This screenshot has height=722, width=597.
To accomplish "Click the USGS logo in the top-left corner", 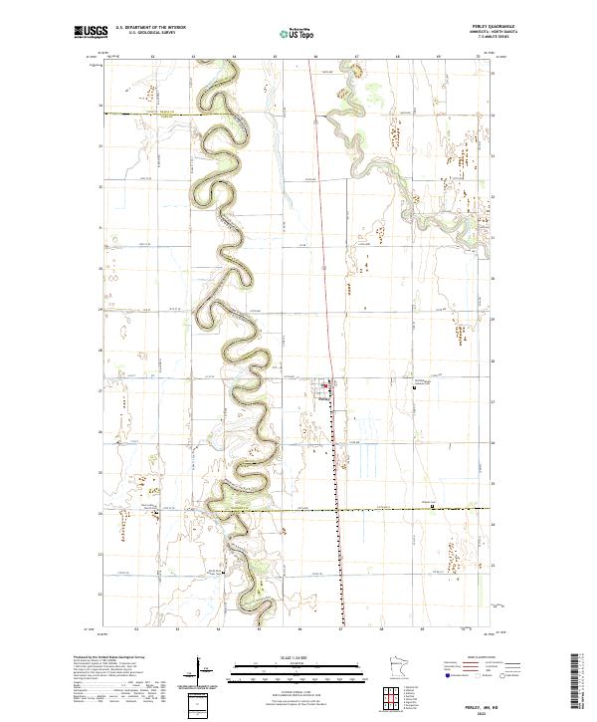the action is (87, 32).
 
